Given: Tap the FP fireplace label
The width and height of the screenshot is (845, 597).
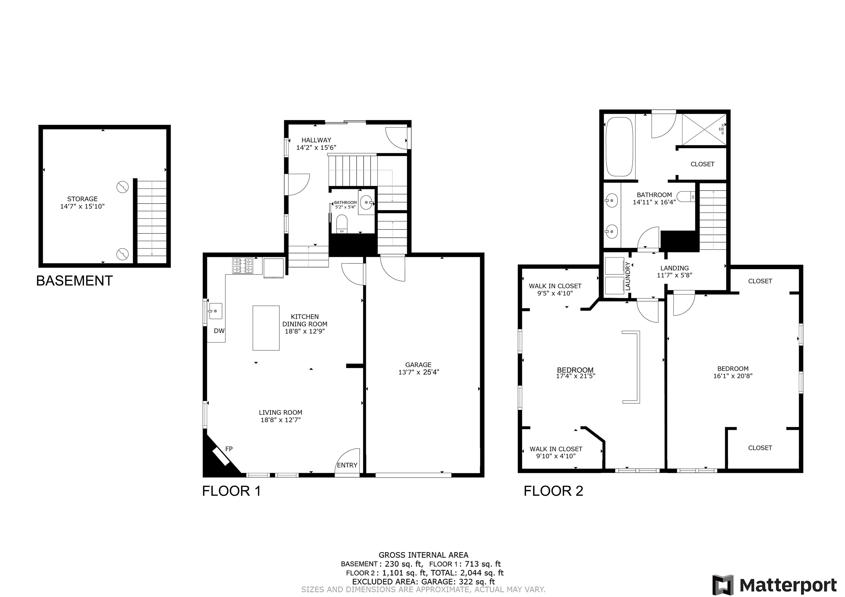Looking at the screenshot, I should tap(229, 449).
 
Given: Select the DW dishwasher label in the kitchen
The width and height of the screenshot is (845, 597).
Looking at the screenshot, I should tap(219, 331).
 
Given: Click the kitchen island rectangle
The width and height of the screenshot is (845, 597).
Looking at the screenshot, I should tap(266, 328).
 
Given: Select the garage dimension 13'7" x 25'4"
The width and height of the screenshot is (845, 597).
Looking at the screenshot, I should tap(418, 372).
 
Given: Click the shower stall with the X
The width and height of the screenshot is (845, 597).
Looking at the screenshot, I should tap(704, 129).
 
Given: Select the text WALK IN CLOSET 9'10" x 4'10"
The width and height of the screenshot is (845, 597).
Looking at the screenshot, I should tap(556, 452).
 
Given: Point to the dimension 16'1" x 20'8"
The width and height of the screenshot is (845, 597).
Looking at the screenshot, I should tap(732, 376).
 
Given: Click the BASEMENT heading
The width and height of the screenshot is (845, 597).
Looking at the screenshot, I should tap(74, 281).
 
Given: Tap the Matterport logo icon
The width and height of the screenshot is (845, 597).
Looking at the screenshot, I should tap(722, 584).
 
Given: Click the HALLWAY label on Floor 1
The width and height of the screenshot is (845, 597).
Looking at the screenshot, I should tap(316, 140).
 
